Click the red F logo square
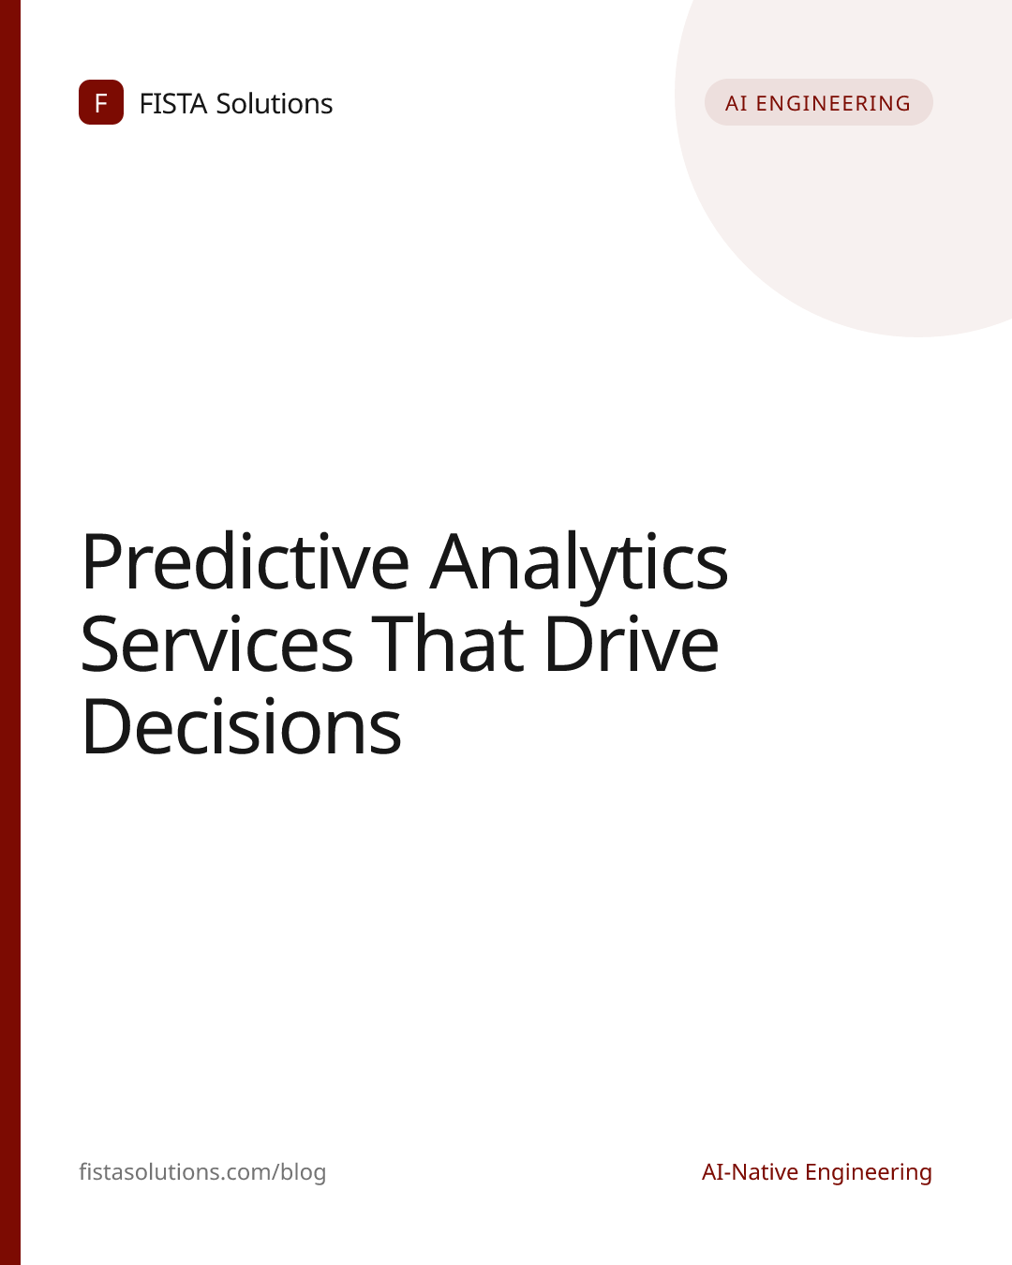click(x=101, y=102)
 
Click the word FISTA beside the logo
click(x=173, y=104)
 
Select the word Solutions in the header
click(x=274, y=103)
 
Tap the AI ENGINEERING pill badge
click(x=819, y=102)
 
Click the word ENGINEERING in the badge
click(x=833, y=103)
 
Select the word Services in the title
click(x=217, y=645)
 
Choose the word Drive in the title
click(x=632, y=644)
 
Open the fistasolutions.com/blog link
click(x=202, y=1172)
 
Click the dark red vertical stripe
click(x=10, y=632)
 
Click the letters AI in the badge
click(x=736, y=103)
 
